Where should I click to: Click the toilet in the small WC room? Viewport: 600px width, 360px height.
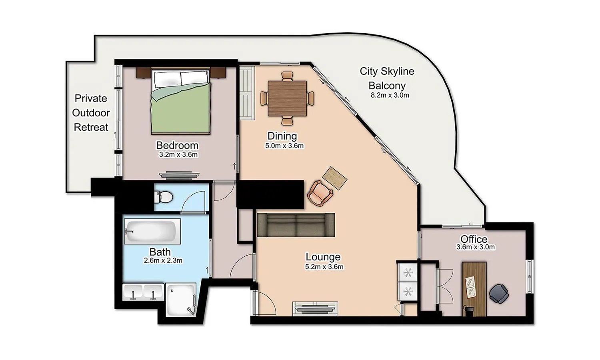pos(165,196)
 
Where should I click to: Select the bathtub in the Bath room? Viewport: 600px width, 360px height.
pos(151,231)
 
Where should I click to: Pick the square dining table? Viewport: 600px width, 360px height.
pos(287,98)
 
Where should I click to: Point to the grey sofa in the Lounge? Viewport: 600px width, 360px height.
pos(296,225)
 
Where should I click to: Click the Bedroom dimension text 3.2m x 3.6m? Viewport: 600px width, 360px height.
pos(178,155)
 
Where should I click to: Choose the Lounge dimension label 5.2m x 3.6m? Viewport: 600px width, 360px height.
pos(324,267)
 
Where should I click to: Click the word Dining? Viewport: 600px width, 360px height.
pos(282,136)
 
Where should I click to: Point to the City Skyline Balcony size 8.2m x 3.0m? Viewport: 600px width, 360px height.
pos(390,95)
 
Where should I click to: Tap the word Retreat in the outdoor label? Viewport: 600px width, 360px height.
pos(91,127)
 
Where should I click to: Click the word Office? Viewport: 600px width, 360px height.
pos(474,239)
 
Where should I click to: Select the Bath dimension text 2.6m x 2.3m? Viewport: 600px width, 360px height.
pos(163,260)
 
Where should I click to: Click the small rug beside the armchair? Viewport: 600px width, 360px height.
pos(334,178)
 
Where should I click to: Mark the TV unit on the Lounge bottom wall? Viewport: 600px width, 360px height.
pos(315,308)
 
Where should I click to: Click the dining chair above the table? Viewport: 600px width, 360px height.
pos(287,76)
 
